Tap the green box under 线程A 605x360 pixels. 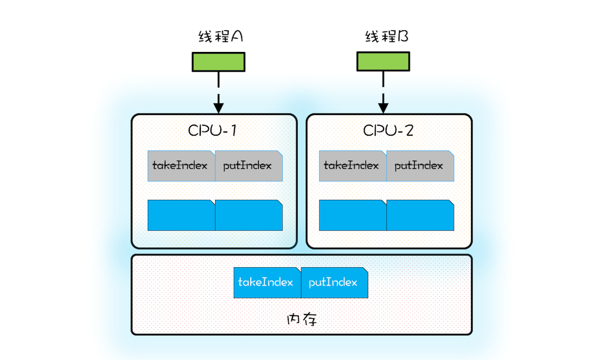click(218, 62)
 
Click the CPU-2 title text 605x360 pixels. click(388, 130)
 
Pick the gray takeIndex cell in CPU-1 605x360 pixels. click(181, 166)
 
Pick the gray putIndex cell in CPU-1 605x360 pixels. click(248, 166)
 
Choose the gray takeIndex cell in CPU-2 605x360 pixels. click(352, 166)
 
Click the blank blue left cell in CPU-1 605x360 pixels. click(181, 215)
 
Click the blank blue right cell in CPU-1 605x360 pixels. click(248, 215)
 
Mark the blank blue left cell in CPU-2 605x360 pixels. click(352, 215)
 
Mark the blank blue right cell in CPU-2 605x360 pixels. click(420, 215)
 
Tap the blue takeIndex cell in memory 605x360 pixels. click(266, 282)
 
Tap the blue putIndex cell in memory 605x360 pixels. click(334, 282)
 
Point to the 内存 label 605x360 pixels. click(301, 320)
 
